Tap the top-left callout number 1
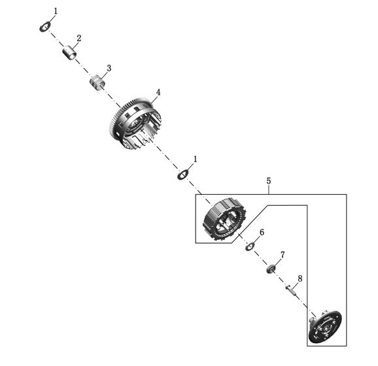point(56,11)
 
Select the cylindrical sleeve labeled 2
point(69,52)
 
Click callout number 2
point(79,38)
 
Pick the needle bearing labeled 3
point(97,82)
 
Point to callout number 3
point(109,68)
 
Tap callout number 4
point(158,92)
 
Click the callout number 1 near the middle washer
point(196,159)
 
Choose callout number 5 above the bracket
point(269,181)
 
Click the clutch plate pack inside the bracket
point(225,219)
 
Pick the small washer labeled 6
point(250,246)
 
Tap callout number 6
point(262,232)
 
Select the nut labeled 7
point(271,269)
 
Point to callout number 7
point(283,255)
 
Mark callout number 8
point(300,278)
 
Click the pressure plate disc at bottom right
point(325,327)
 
